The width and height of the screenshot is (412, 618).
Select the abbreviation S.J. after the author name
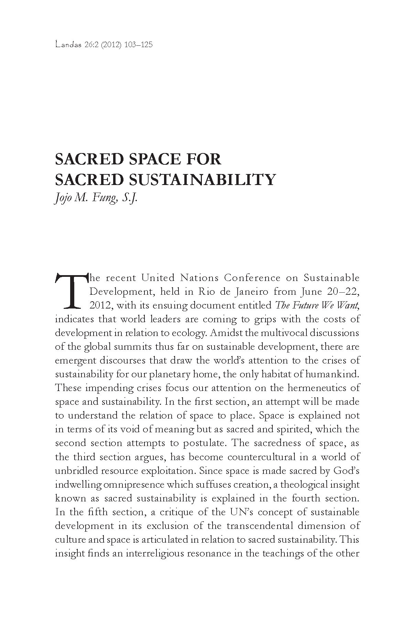129,198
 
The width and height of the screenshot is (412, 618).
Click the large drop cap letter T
70,291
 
